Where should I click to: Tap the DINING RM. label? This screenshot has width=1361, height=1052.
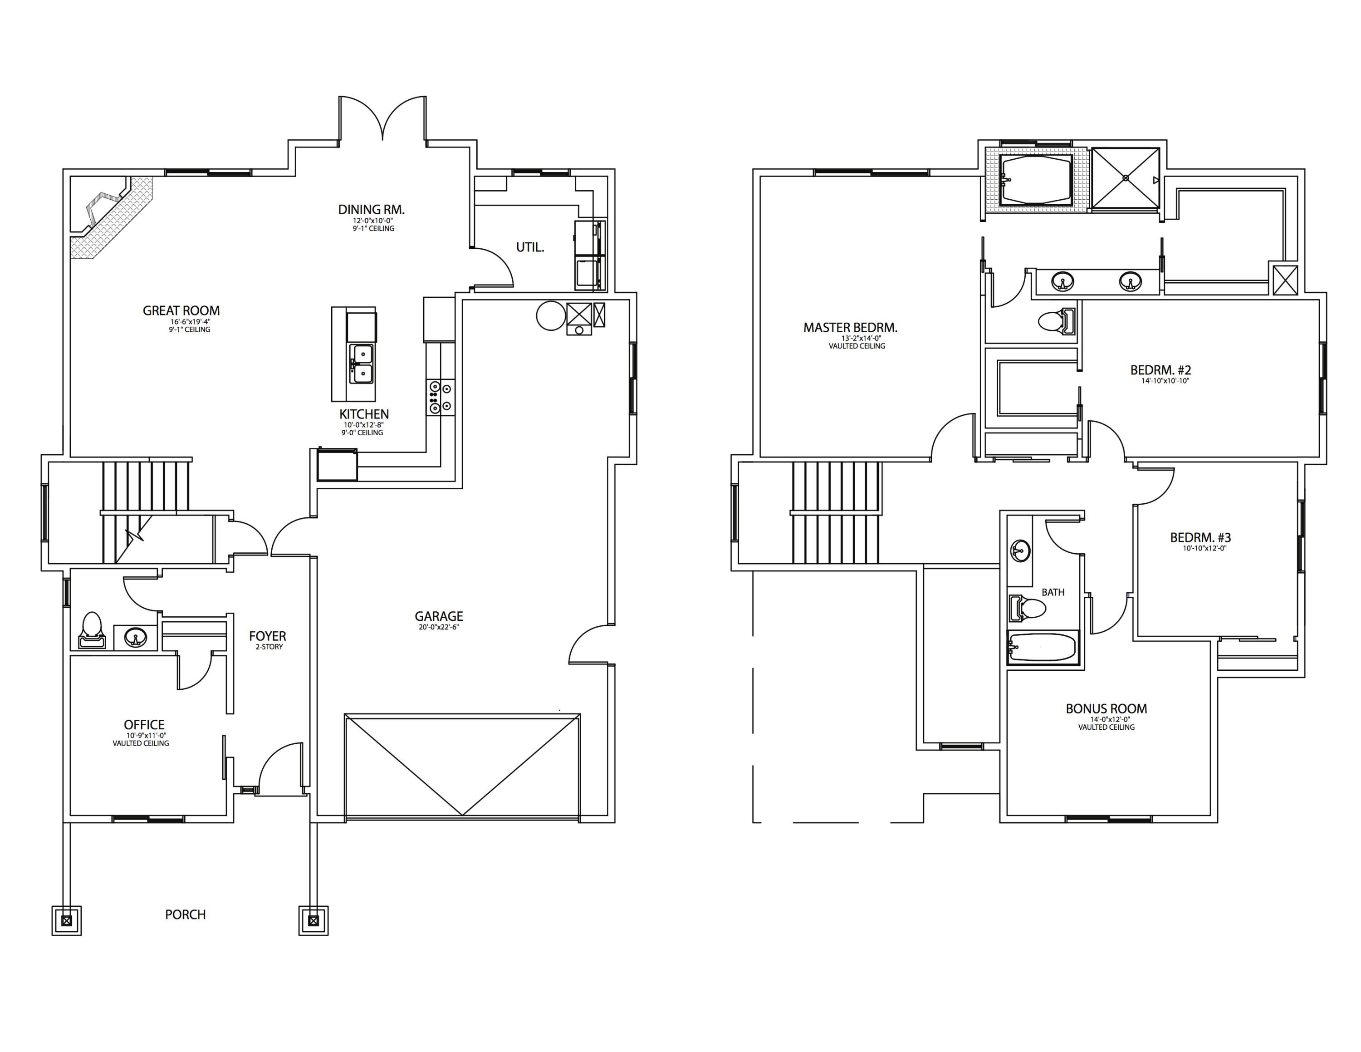372,209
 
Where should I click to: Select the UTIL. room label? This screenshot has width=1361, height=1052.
530,247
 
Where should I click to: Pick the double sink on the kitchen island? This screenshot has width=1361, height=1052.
362,364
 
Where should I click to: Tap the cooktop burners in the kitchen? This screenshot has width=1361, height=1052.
441,398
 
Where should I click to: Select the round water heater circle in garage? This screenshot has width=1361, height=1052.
550,316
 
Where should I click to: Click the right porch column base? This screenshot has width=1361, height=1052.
313,920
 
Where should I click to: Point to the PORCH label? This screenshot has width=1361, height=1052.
185,914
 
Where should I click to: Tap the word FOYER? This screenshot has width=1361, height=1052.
267,636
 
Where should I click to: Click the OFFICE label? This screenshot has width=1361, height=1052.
144,725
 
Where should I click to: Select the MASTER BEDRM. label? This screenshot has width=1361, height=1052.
850,327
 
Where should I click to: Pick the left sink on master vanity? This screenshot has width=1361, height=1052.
1062,282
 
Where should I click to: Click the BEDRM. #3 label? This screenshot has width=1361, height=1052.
1200,537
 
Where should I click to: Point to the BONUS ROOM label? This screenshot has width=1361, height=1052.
1106,708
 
